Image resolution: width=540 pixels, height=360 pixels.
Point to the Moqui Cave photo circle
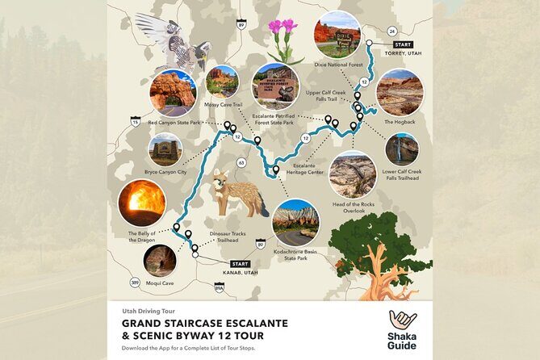(160, 261)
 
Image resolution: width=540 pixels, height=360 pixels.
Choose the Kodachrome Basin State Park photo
(295, 222)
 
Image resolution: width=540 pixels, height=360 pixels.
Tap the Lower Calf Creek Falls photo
(402, 149)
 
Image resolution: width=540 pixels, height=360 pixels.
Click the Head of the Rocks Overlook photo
(353, 174)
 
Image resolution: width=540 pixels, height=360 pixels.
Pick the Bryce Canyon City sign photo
(165, 149)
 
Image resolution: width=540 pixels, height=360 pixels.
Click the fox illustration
(238, 194)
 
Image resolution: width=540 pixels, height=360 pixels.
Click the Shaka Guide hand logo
(401, 320)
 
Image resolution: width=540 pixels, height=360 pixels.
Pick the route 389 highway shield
(135, 283)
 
